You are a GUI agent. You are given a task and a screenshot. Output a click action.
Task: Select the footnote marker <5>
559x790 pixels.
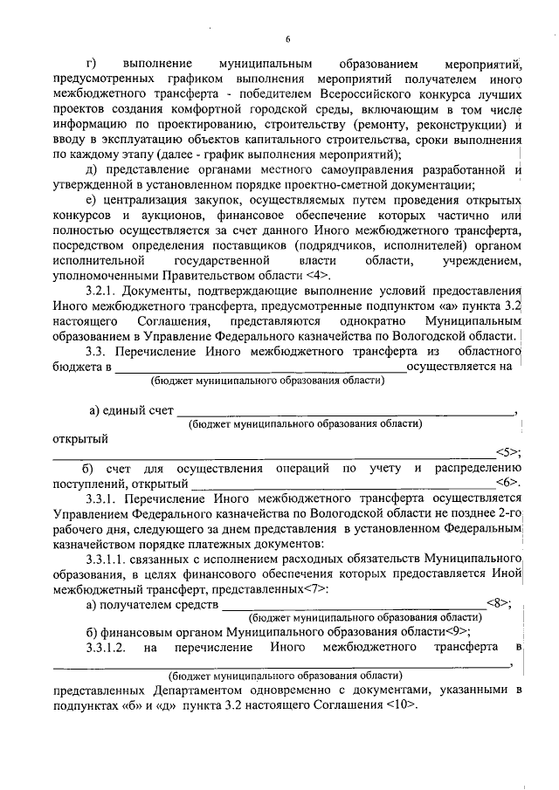point(507,451)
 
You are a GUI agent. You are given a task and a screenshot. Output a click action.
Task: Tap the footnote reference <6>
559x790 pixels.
point(508,482)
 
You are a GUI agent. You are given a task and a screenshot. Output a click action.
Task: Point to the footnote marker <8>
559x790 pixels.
point(497,603)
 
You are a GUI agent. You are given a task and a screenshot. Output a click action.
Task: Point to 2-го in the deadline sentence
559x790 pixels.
point(509,512)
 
